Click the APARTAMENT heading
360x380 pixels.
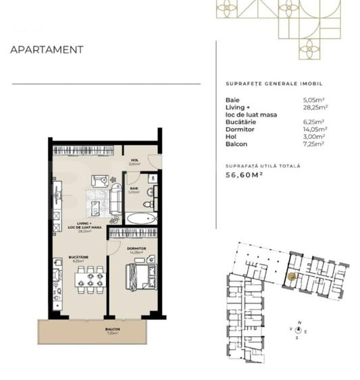click(x=47, y=49)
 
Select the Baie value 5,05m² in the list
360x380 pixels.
click(x=315, y=100)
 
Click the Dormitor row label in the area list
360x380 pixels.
click(x=238, y=128)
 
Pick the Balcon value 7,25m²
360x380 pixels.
click(x=315, y=144)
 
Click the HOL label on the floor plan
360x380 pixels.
click(x=134, y=159)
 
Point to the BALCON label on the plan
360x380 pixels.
click(x=112, y=329)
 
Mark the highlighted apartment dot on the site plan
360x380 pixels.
click(x=292, y=275)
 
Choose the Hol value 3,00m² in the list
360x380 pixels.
click(x=315, y=136)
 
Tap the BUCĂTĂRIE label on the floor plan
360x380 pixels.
click(x=77, y=256)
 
